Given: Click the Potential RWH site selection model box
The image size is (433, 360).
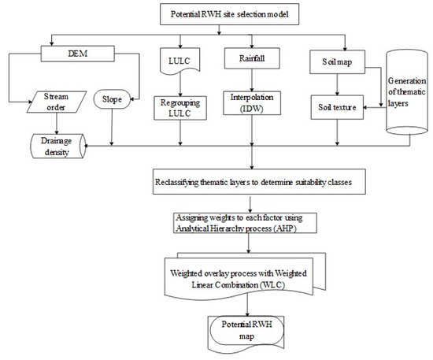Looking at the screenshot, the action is [229, 14].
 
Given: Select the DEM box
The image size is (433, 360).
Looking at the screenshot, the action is [78, 54].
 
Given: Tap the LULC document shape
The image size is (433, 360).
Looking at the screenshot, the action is [180, 61].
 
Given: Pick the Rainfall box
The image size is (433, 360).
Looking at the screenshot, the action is [252, 58].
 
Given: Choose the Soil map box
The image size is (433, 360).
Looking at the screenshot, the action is [337, 62].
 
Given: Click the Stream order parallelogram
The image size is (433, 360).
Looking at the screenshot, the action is [57, 102].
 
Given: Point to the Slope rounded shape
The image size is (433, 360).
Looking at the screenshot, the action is [112, 99].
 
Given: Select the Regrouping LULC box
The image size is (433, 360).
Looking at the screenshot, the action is [180, 108].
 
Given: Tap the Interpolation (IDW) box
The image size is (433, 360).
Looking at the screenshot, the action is [252, 103].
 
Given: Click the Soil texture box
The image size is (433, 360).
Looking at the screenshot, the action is [337, 107].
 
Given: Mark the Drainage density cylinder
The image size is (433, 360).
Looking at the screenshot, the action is [58, 147].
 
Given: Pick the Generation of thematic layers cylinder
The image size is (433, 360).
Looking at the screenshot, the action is [407, 92].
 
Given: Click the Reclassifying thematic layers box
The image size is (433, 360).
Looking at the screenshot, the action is [259, 182].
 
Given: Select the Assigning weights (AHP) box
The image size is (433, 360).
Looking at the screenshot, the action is [245, 223].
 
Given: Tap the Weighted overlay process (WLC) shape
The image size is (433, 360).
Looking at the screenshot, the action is [245, 276].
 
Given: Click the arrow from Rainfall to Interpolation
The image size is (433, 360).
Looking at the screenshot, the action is [252, 80].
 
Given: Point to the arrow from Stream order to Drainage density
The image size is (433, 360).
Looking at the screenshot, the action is [57, 124].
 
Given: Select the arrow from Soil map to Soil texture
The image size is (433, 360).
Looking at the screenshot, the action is [337, 84].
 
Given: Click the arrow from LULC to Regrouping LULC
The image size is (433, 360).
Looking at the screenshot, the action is [180, 84].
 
